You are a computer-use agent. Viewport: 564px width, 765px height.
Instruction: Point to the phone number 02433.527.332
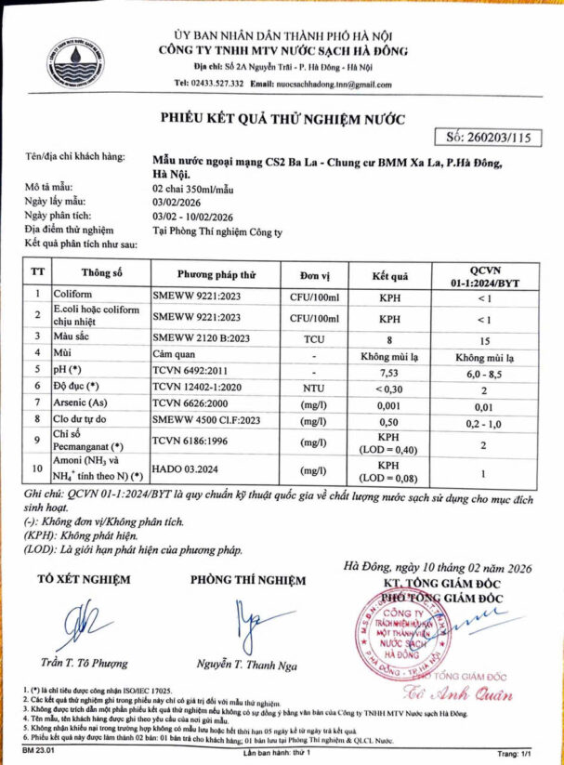(221, 84)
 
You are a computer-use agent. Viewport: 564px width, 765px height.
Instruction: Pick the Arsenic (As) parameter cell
(84, 404)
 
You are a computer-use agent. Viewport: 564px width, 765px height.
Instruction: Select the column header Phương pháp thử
(216, 275)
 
